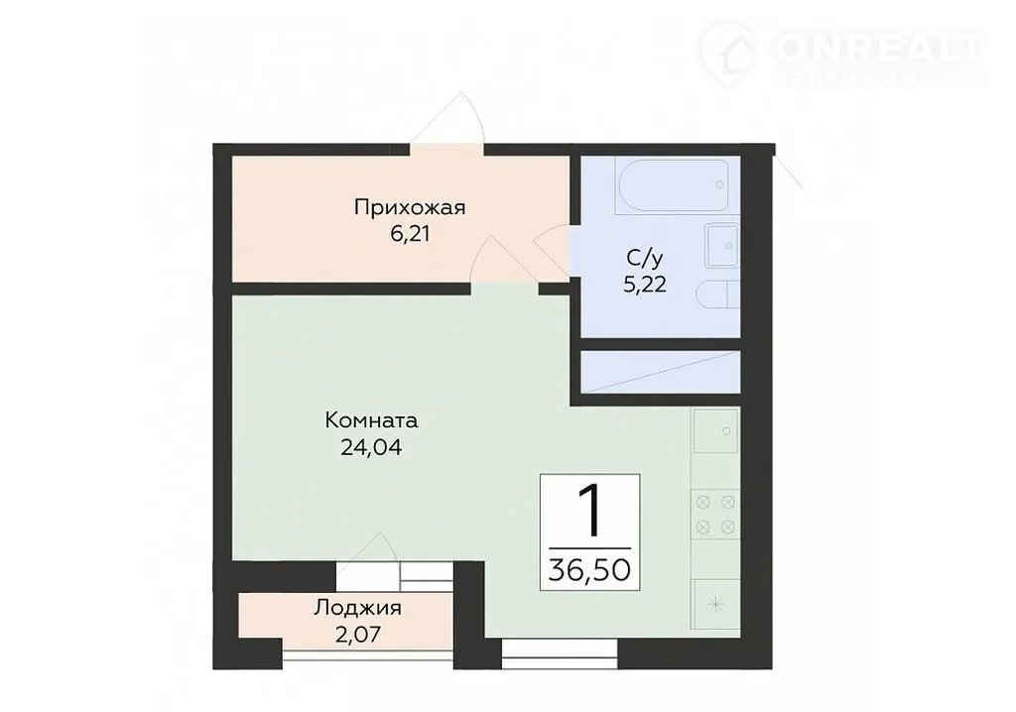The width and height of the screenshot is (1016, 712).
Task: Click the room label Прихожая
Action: coord(410,208)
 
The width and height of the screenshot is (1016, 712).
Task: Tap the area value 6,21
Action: coord(410,234)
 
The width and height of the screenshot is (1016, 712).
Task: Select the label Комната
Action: coord(371,421)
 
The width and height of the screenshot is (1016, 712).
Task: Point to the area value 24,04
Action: coord(371,447)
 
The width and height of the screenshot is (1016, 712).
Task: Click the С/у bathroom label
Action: coord(645,259)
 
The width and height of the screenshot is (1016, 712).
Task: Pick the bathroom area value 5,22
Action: coord(645,285)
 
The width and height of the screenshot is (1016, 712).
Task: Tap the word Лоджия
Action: coord(357,608)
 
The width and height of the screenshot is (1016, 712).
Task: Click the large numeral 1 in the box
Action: coord(589,513)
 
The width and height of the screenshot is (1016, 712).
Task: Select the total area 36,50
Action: coord(589,570)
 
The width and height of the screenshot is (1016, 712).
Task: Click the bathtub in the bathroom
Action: coord(674,185)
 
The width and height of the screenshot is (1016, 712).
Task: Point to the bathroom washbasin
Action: coord(722,246)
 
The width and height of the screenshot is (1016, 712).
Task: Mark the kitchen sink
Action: coord(716,430)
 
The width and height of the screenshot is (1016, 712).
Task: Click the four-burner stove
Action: coord(715,513)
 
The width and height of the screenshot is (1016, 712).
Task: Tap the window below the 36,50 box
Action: coord(560,653)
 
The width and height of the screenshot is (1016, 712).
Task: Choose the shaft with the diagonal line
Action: coord(660,372)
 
